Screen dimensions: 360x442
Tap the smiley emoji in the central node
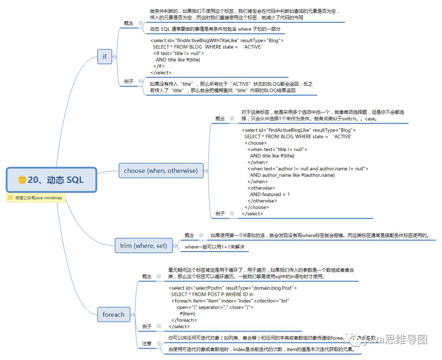tap(22, 180)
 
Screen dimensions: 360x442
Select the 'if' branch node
tap(104, 56)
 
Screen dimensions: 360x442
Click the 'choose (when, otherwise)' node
tap(161, 171)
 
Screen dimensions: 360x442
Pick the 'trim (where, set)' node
tap(143, 246)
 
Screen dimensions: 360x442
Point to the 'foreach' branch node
tap(113, 315)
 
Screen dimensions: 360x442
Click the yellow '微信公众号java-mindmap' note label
tap(36, 198)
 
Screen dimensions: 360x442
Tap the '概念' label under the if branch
tap(129, 23)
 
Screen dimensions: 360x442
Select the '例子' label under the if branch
tap(129, 81)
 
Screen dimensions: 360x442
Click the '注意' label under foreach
tap(147, 344)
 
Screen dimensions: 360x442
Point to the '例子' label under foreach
tap(147, 326)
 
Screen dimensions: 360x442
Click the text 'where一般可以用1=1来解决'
tap(214, 247)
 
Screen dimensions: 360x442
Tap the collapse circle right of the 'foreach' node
tap(133, 315)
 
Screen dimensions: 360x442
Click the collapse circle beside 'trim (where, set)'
tap(175, 246)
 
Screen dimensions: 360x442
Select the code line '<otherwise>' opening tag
tap(261, 188)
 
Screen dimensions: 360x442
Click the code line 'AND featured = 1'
tap(270, 194)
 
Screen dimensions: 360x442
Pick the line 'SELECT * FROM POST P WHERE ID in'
tap(212, 294)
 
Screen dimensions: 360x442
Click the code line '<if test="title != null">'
tap(178, 53)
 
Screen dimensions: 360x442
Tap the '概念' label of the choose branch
tap(220, 119)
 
